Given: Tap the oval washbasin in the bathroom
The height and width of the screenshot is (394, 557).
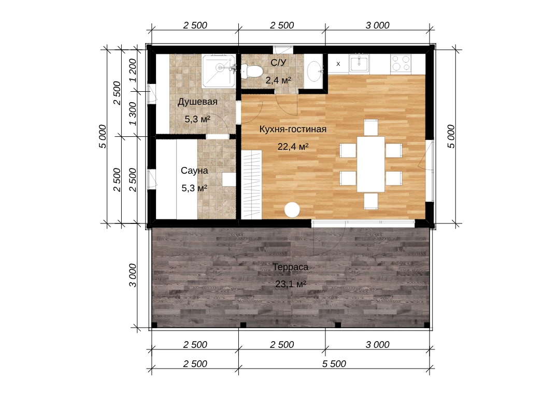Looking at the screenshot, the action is point(314,72).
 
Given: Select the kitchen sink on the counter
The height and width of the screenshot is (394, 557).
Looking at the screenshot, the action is point(359,64).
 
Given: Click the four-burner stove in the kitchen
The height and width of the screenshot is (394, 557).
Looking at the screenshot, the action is point(401,64).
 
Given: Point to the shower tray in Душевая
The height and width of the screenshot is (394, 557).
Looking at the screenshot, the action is point(219,71).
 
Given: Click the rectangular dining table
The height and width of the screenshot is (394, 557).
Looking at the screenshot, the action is point(371,164).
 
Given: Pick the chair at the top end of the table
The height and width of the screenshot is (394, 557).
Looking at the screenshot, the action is point(371,128).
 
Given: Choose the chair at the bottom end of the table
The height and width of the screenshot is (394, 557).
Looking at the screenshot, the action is point(371,201).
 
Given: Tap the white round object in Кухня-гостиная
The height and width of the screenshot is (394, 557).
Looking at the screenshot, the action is point(292,209).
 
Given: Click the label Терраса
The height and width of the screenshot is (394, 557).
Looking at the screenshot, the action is point(290,267).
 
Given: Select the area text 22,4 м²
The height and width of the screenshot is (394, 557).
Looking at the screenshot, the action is point(293,146).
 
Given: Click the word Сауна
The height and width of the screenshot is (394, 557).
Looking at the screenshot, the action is point(194,171).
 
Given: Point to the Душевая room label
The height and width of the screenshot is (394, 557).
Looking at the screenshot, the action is point(197,102).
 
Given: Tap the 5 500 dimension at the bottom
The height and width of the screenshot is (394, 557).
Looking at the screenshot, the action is point(334,364).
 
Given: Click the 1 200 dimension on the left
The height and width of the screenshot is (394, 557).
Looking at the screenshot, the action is point(133,71).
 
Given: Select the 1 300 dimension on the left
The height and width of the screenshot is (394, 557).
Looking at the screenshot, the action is point(133,114).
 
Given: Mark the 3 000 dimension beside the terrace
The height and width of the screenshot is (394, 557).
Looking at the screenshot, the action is point(133,275).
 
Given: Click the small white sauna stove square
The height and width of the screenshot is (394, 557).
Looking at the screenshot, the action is point(229,179).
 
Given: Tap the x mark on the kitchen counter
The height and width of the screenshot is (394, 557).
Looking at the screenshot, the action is point(338,64).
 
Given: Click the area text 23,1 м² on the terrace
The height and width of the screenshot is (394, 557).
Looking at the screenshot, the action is point(291,284).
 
